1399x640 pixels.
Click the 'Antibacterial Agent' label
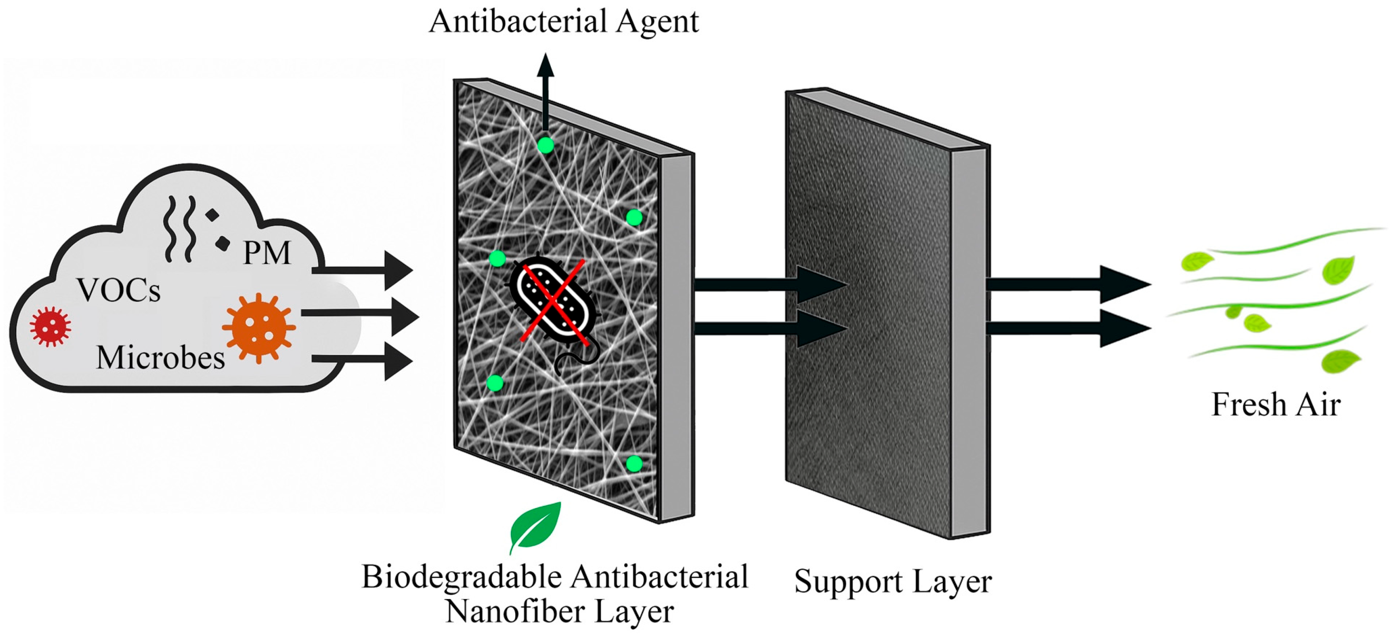coord(563,22)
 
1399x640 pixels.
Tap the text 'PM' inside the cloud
coord(267,253)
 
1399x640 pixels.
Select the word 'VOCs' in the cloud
coord(118,290)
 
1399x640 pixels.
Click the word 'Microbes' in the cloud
coord(160,358)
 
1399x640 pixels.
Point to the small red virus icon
coord(50,325)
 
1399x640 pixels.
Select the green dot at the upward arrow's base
coord(545,145)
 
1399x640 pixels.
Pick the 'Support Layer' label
coord(893,581)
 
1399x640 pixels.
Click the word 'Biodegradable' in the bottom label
coord(461,577)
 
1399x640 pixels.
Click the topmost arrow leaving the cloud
coord(364,270)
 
